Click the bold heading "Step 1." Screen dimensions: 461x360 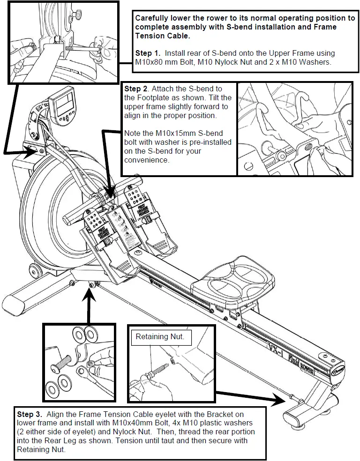[148, 53]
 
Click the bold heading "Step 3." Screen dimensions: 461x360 [31, 415]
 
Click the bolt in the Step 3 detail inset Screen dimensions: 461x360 [65, 361]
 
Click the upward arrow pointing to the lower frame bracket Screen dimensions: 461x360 [90, 300]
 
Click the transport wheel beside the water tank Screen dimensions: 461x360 [33, 270]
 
